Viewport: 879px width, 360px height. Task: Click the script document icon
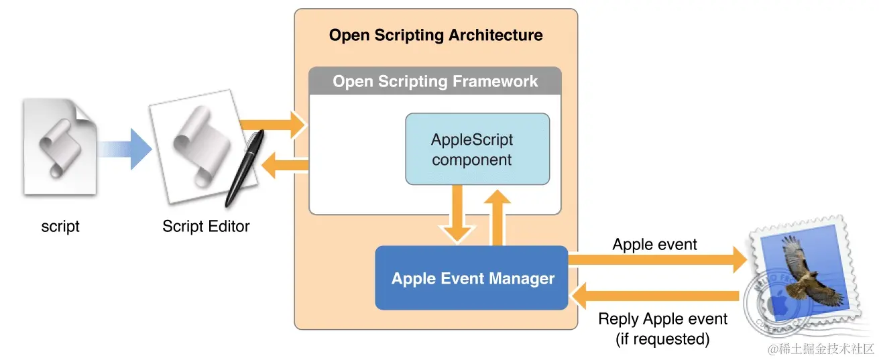click(x=60, y=147)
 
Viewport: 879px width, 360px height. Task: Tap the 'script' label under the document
click(x=60, y=227)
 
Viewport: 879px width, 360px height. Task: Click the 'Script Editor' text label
click(x=206, y=227)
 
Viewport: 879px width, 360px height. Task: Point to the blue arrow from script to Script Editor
click(x=124, y=147)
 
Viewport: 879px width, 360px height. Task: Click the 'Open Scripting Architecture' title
click(x=436, y=36)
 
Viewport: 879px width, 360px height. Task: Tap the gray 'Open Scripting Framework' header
click(x=435, y=82)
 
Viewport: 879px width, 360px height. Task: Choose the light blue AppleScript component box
click(x=477, y=149)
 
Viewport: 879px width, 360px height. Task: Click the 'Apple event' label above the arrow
click(x=654, y=245)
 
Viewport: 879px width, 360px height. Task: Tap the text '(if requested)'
click(x=662, y=339)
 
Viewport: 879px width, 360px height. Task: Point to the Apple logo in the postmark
click(x=778, y=304)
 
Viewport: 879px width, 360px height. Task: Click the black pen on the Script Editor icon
click(x=245, y=168)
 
